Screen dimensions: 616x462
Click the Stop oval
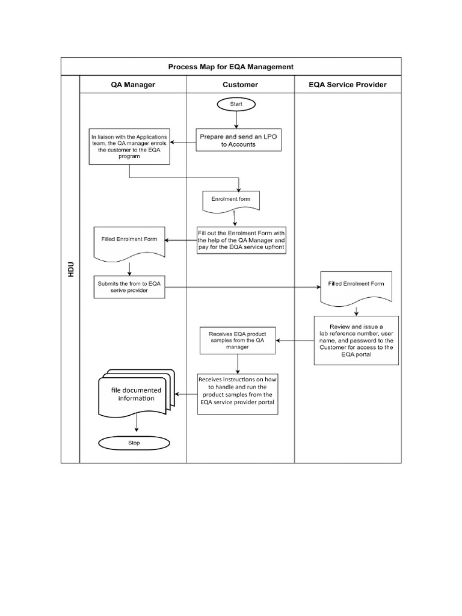tap(134, 443)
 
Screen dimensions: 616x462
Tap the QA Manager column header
tap(132, 85)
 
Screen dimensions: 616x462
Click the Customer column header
tap(240, 85)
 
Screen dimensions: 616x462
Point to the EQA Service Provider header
tap(347, 85)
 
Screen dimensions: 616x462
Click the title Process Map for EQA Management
tap(231, 67)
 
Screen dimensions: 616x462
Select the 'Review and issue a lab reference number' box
tap(356, 340)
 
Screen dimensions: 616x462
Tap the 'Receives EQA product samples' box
tap(238, 340)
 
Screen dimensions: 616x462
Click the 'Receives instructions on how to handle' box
tap(239, 393)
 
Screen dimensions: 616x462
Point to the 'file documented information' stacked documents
tap(135, 394)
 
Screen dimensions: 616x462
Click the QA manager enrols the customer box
tap(129, 146)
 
